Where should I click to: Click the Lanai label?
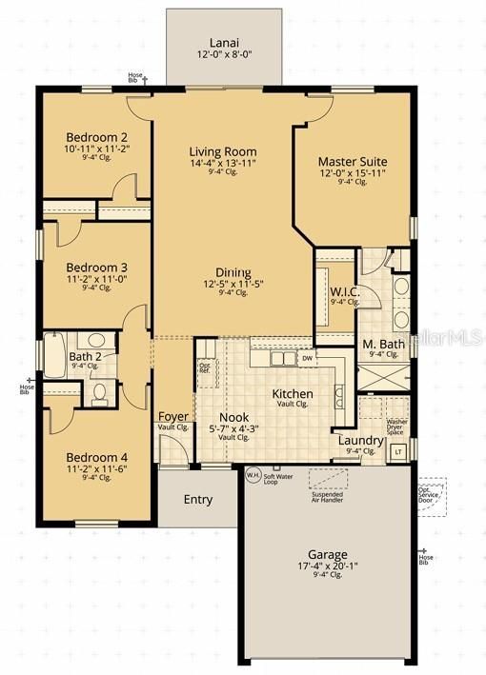(225, 43)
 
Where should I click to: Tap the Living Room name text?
(222, 151)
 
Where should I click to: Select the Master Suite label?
(352, 161)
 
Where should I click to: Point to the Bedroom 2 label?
(83, 135)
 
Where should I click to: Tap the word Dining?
(233, 271)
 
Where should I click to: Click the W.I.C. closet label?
(344, 291)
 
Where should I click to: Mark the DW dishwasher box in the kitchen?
(306, 358)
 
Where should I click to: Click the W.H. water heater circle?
(253, 474)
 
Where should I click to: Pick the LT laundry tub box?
(398, 450)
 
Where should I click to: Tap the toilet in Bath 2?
(99, 392)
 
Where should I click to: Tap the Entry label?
(197, 500)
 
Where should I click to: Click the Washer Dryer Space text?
(397, 426)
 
